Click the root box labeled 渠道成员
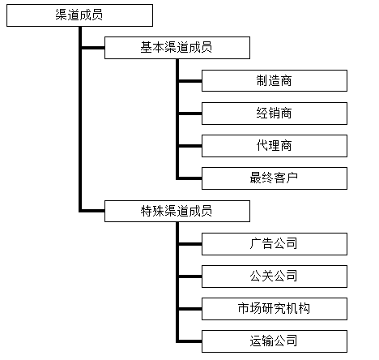click(79, 15)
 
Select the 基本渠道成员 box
click(177, 48)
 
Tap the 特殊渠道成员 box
click(177, 211)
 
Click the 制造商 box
click(275, 80)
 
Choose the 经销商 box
click(275, 114)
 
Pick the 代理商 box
click(275, 146)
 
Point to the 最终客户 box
click(275, 178)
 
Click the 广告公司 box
click(275, 244)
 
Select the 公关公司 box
click(275, 276)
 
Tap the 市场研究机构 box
click(275, 309)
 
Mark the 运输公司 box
click(275, 341)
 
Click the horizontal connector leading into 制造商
click(190, 81)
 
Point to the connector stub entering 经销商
click(190, 114)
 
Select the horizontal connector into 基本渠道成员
click(93, 48)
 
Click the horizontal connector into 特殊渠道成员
click(93, 211)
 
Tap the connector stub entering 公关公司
click(190, 276)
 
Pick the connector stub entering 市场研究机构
click(190, 309)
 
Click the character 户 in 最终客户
click(292, 178)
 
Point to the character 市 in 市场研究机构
click(244, 308)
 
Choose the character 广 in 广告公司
click(256, 243)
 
